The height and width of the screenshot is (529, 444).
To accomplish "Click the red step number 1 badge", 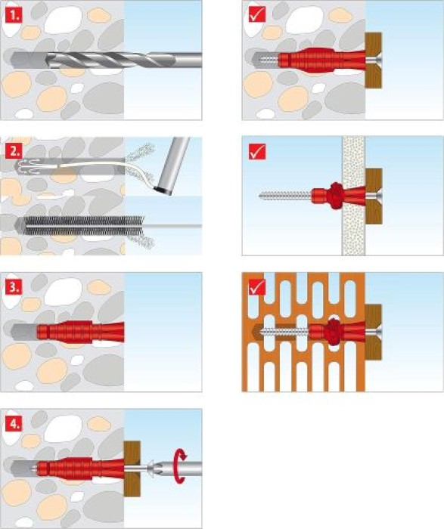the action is click(14, 16).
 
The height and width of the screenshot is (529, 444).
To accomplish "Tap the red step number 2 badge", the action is click(14, 151).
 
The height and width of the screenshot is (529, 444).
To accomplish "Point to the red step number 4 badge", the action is click(14, 424).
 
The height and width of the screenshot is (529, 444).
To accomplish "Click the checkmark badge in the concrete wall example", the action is click(257, 15).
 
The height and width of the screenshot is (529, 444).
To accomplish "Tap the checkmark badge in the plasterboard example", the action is click(257, 151).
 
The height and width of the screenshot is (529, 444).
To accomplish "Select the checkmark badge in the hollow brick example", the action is click(257, 287).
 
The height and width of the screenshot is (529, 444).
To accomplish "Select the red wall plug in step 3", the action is click(80, 333).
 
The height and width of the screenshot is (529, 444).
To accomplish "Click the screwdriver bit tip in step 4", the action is click(151, 468).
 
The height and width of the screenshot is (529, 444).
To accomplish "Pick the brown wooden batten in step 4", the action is click(132, 469).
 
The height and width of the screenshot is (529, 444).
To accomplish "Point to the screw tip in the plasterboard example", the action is click(261, 195).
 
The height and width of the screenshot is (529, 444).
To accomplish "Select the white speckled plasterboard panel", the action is click(354, 196).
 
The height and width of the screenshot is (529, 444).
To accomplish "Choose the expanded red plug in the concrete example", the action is click(322, 60).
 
